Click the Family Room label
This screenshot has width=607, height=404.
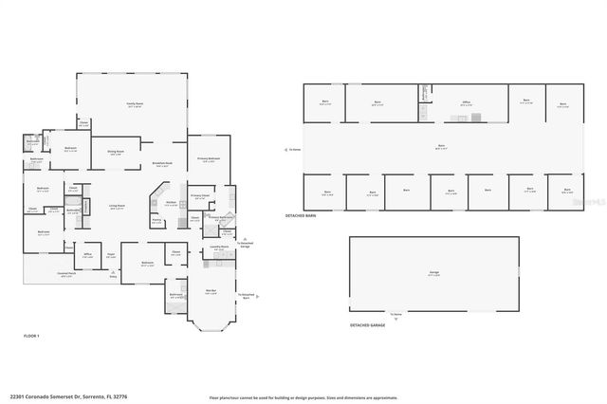coord(135,103)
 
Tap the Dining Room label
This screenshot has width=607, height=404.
coord(114,152)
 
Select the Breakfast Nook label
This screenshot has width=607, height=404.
coord(162,164)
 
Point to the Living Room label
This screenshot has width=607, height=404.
coord(117,206)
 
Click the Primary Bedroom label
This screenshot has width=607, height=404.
coord(209,158)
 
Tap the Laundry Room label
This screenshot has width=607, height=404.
coord(219,247)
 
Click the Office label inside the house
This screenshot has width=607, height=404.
coord(87,254)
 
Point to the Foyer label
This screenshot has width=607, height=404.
coord(111,254)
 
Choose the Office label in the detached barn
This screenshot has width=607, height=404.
coord(466,103)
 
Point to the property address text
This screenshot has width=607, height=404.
coord(68,395)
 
